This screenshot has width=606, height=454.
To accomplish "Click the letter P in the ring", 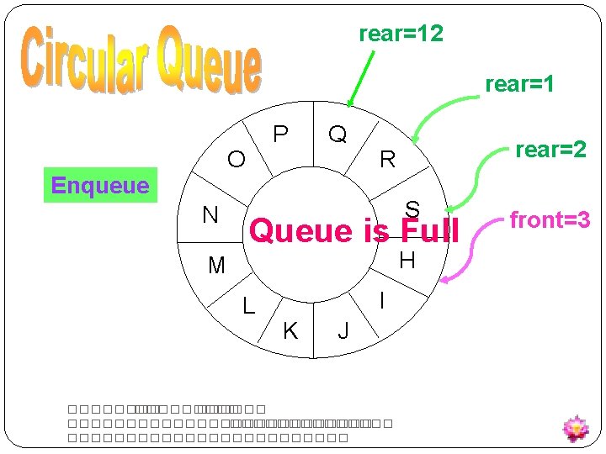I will (281, 135).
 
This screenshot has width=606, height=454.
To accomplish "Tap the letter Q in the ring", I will (338, 135).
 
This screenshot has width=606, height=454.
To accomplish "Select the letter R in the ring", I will (387, 159).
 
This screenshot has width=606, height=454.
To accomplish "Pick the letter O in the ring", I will (237, 159).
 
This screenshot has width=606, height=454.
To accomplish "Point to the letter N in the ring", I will (210, 215).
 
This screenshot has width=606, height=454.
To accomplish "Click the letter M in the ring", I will (216, 266).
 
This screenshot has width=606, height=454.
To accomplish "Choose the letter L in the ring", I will (248, 306).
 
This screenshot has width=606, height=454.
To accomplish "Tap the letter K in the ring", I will (290, 331).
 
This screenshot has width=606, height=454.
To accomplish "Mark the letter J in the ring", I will (343, 331).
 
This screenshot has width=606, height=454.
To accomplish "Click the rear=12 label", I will (401, 34).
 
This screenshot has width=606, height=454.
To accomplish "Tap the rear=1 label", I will (519, 85).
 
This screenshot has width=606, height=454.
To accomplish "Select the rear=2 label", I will (550, 150).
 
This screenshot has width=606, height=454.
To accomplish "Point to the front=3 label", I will (550, 220).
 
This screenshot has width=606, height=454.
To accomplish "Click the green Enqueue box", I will (100, 185).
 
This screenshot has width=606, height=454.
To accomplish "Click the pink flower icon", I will (576, 428).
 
